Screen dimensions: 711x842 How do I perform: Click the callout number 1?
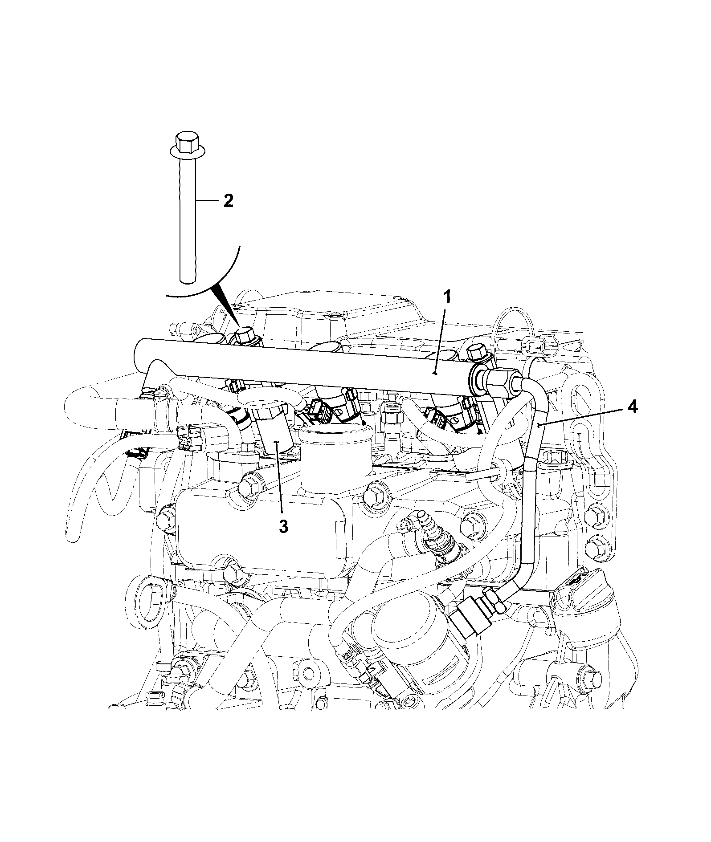pyautogui.click(x=447, y=297)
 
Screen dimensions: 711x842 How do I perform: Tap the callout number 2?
pyautogui.click(x=228, y=201)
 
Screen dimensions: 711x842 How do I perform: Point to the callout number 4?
pyautogui.click(x=632, y=407)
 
